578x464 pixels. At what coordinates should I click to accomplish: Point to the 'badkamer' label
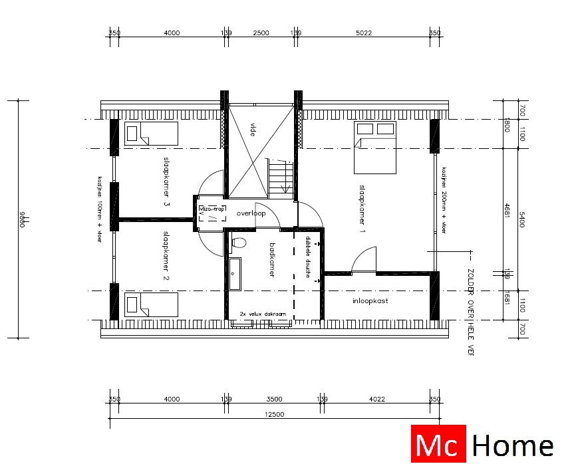[272, 260]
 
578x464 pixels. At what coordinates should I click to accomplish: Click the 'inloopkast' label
[370, 301]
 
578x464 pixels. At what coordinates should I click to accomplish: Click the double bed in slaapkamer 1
[375, 150]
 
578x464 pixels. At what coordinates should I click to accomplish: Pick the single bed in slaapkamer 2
[152, 306]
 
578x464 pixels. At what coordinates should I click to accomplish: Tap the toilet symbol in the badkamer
[238, 244]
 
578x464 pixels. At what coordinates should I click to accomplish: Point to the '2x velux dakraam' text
[263, 314]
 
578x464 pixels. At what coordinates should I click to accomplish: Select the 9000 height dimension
[21, 219]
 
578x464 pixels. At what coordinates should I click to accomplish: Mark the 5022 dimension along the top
[363, 33]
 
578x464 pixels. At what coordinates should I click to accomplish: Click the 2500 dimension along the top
[261, 33]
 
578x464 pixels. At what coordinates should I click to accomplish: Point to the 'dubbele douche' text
[308, 257]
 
